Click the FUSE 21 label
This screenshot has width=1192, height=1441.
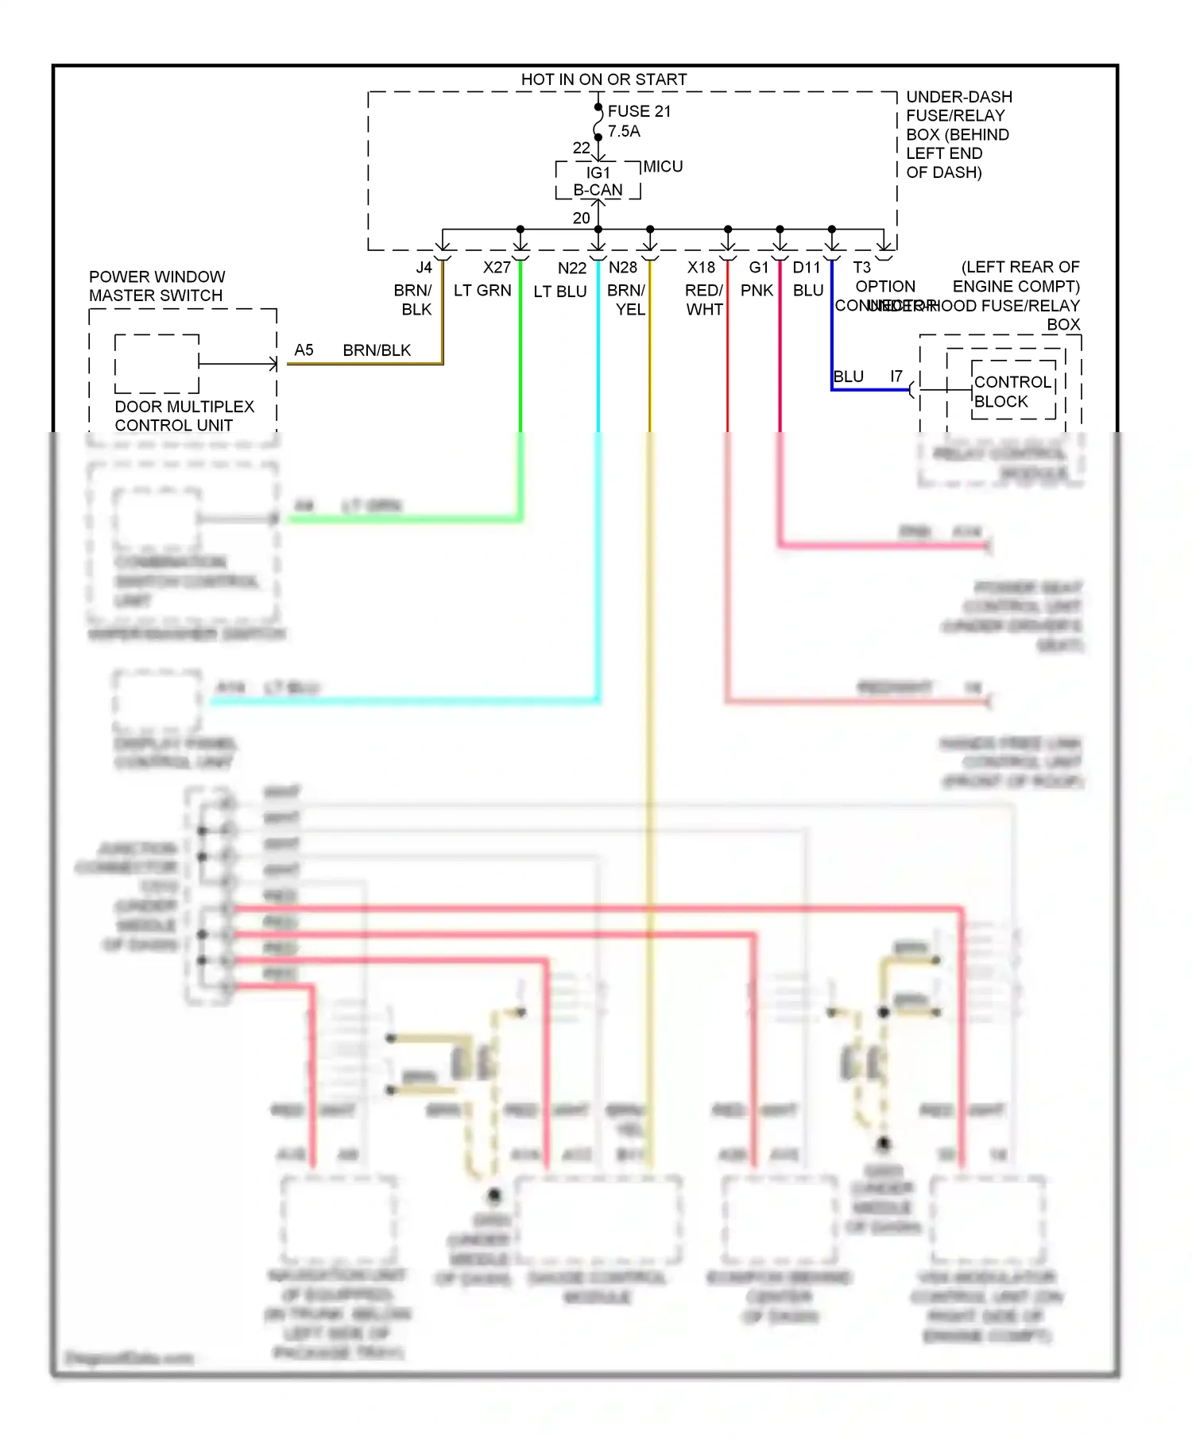tap(639, 111)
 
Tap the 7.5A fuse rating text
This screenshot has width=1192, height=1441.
tap(624, 131)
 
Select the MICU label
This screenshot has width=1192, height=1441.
tap(663, 167)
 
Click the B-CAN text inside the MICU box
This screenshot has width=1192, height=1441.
tap(598, 191)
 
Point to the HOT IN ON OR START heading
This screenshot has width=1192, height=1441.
tap(603, 79)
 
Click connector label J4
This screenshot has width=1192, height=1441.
tap(424, 268)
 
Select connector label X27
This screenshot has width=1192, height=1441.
tap(497, 268)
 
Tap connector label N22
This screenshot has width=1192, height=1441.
tap(571, 268)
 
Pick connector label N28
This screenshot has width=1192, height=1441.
tap(623, 268)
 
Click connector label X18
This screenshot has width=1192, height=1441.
tap(701, 268)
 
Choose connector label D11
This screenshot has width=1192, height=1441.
tap(806, 268)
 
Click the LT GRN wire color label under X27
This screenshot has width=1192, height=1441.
tap(482, 291)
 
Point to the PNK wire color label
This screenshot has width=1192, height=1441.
tap(757, 291)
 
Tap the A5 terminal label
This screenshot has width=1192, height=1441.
tap(304, 350)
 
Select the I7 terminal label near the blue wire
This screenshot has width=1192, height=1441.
tap(896, 377)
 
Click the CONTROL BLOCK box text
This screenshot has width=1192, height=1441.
tap(1012, 392)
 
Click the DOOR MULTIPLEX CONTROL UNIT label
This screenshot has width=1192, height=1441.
tap(184, 415)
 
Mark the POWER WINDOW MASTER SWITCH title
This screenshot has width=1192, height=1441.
tap(157, 286)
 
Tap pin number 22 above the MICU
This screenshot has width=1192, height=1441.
tap(581, 149)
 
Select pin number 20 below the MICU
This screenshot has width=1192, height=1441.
tap(581, 218)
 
